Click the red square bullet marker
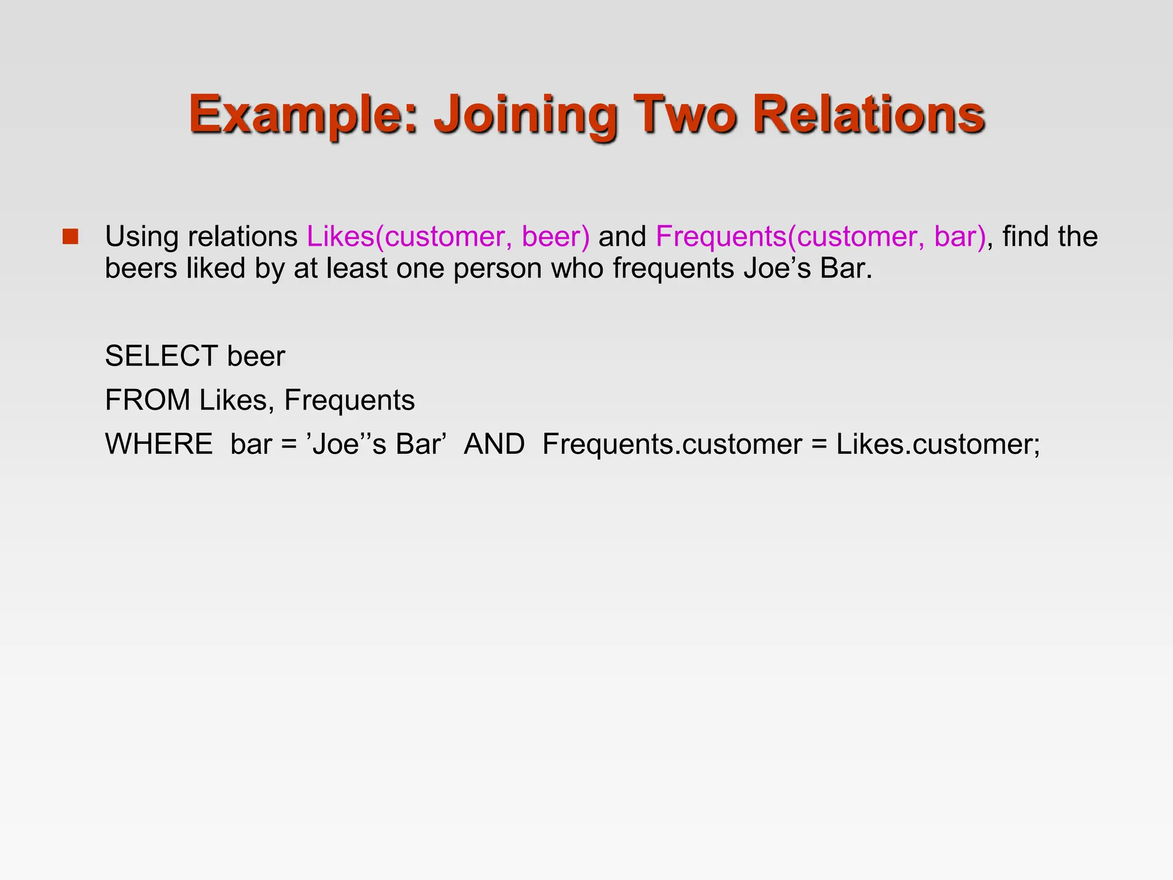[x=70, y=237]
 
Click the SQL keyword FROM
[x=147, y=400]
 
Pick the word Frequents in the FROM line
[x=349, y=400]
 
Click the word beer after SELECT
[x=256, y=356]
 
